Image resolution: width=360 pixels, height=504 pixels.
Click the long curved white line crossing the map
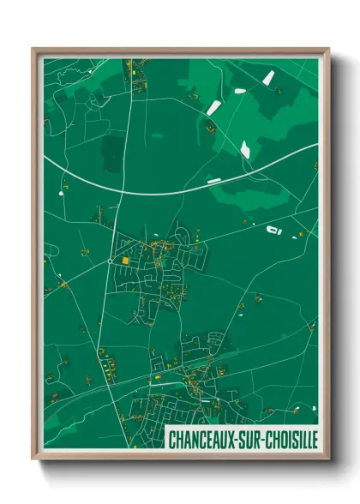[x=171, y=191]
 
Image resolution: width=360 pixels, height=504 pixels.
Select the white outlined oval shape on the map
[x=274, y=231]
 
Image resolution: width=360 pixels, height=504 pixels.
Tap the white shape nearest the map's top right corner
[x=268, y=77]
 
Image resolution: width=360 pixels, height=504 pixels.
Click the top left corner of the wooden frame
[x=33, y=49]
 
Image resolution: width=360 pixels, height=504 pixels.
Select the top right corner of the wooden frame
[x=328, y=49]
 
